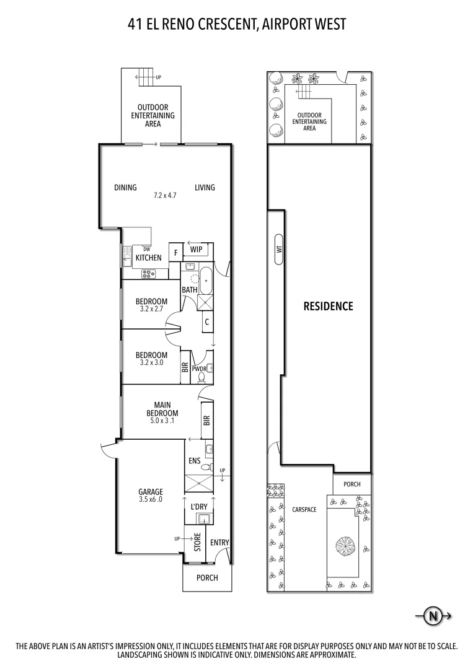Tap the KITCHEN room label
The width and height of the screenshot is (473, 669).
(149, 258)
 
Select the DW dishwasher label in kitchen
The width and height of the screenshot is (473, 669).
(146, 249)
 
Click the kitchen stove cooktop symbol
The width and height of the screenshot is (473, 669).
(149, 273)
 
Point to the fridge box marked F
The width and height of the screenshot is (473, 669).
(175, 253)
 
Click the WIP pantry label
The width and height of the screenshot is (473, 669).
(197, 249)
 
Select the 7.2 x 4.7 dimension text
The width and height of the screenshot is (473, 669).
(166, 195)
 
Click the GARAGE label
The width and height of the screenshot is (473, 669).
(151, 492)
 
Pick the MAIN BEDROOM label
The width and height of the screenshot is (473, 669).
(162, 409)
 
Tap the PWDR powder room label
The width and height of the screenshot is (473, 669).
(198, 368)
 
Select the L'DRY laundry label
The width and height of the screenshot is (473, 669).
(199, 507)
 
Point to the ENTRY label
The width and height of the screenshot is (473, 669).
(219, 543)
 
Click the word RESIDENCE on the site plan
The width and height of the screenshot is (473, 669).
(328, 306)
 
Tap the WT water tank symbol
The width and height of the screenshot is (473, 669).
(279, 250)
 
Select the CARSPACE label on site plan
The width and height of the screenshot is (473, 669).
(304, 509)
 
